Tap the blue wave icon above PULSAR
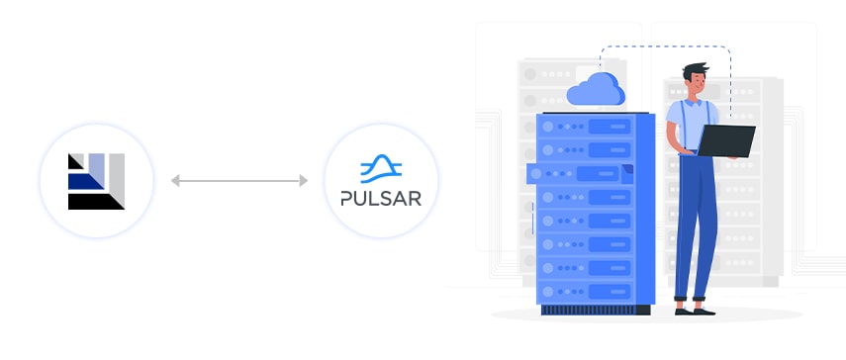click(x=381, y=165)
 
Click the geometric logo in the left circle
click(x=96, y=181)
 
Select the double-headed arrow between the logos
click(x=238, y=181)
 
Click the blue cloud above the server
click(x=596, y=89)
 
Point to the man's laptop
click(x=726, y=139)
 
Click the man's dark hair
click(x=694, y=71)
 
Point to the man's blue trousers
click(x=697, y=227)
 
